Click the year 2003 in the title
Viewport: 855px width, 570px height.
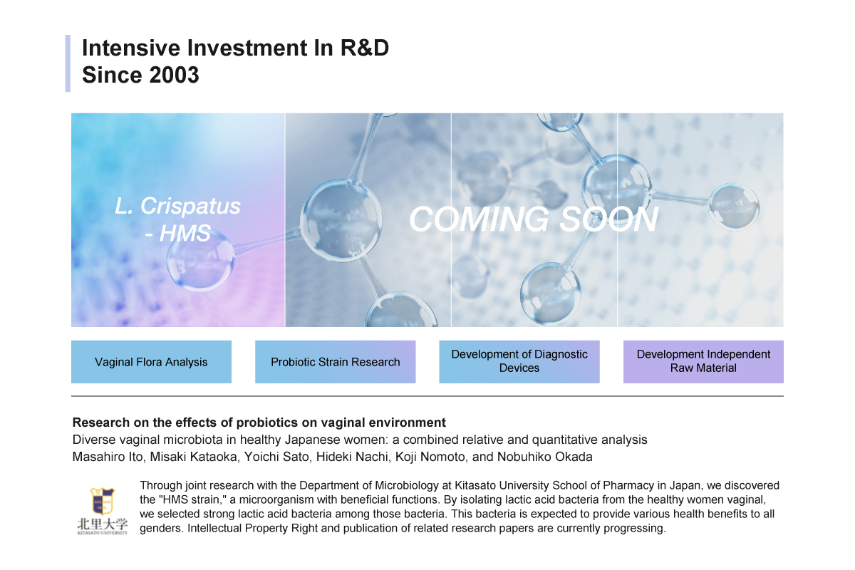click(x=174, y=74)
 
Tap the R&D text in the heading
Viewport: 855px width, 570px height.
click(x=365, y=48)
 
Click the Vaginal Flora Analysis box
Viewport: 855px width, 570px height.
click(x=151, y=361)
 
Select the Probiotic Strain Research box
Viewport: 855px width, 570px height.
click(x=335, y=361)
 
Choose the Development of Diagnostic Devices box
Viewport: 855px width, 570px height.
click(x=519, y=361)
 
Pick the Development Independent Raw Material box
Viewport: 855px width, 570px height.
click(x=703, y=361)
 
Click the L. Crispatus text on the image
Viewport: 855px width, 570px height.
click(x=178, y=206)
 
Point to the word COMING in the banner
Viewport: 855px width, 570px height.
click(x=480, y=219)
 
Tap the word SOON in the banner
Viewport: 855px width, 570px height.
click(x=609, y=219)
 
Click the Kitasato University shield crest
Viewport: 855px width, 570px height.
click(x=102, y=501)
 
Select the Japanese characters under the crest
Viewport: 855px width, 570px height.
click(x=103, y=524)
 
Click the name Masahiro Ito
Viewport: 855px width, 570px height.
click(x=108, y=457)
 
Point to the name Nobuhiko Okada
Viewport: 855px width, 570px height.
click(x=544, y=457)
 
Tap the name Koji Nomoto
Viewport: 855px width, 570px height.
click(x=430, y=457)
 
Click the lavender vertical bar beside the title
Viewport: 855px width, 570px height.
click(x=68, y=63)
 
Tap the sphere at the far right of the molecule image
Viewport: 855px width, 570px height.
click(x=734, y=207)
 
